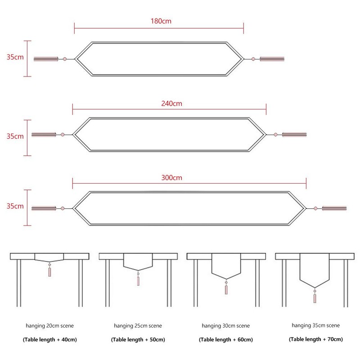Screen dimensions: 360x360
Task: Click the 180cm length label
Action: (161, 21)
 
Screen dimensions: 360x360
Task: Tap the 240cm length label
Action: (172, 103)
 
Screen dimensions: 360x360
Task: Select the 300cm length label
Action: (172, 178)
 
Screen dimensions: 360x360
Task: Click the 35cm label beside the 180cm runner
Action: (15, 57)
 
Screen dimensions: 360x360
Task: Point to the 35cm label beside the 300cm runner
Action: (15, 206)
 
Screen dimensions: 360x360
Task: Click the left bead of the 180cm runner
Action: (65, 59)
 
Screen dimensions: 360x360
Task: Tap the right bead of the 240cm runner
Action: (275, 135)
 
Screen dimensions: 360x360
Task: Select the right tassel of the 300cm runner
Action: (334, 208)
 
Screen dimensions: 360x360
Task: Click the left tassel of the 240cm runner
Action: (44, 135)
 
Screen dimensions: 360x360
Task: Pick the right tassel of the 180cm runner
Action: (272, 59)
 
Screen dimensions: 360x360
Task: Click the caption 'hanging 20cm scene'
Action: (49, 325)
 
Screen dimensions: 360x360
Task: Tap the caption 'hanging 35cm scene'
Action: (316, 325)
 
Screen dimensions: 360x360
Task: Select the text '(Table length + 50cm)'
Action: (138, 340)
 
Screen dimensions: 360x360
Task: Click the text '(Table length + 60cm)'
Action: (226, 340)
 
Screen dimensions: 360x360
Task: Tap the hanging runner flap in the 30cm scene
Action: (226, 266)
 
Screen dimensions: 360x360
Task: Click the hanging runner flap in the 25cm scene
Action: (138, 262)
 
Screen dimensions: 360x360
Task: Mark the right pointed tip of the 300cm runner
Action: (306, 208)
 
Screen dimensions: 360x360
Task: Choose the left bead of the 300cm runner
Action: (63, 208)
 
